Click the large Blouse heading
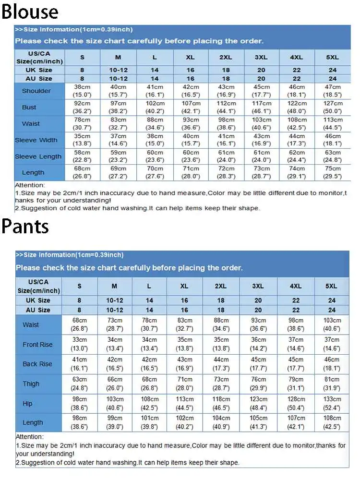pyautogui.click(x=30, y=12)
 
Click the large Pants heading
pyautogui.click(x=25, y=226)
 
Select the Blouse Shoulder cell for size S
pyautogui.click(x=82, y=91)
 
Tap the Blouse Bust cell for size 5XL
pyautogui.click(x=333, y=107)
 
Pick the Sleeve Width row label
pyautogui.click(x=36, y=140)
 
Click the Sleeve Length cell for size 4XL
pyautogui.click(x=297, y=156)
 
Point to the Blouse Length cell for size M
pyautogui.click(x=118, y=172)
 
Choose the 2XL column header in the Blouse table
pyautogui.click(x=226, y=57)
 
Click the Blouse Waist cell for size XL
pyautogui.click(x=191, y=123)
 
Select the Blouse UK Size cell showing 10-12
pyautogui.click(x=118, y=70)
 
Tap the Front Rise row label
pyautogui.click(x=37, y=345)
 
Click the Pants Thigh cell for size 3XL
pyautogui.click(x=258, y=384)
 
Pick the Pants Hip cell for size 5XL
pyautogui.click(x=332, y=403)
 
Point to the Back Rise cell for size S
pyautogui.click(x=80, y=364)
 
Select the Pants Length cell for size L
pyautogui.click(x=149, y=422)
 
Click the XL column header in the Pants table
pyautogui.click(x=184, y=286)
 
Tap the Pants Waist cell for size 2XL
pyautogui.click(x=221, y=324)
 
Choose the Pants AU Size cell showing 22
pyautogui.click(x=295, y=310)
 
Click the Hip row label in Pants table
pyautogui.click(x=28, y=404)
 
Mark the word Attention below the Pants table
pyautogui.click(x=29, y=437)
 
